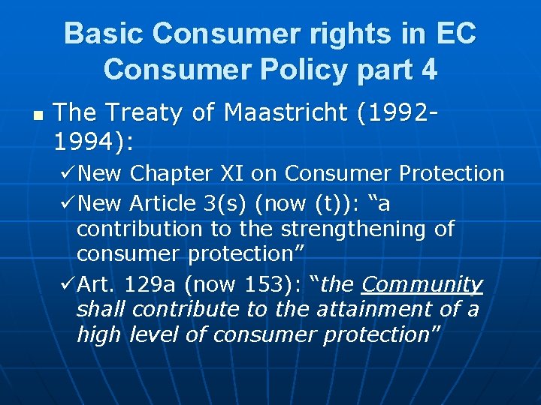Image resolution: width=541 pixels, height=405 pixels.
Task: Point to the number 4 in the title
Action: coord(429,69)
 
